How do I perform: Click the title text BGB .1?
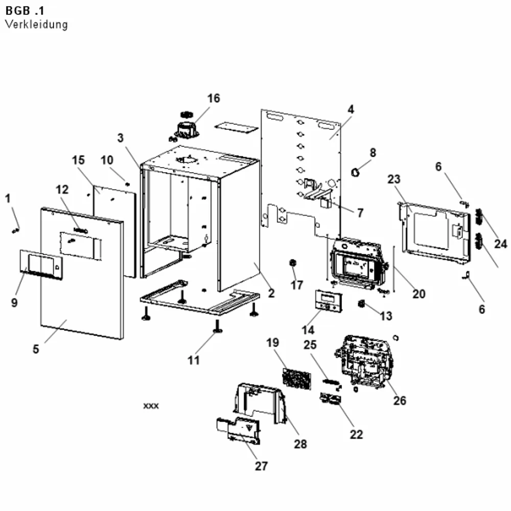click(25, 11)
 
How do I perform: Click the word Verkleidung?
click(36, 25)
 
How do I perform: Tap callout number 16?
click(214, 98)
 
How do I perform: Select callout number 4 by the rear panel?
click(351, 109)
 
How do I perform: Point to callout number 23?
click(393, 179)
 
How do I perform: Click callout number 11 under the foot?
click(193, 360)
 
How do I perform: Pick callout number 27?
click(261, 466)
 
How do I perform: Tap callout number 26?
click(400, 401)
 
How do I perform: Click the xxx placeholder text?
click(151, 406)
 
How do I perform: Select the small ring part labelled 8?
click(355, 172)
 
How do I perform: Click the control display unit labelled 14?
click(329, 300)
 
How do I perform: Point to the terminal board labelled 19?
click(296, 379)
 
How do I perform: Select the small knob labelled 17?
click(293, 262)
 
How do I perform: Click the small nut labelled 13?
click(361, 304)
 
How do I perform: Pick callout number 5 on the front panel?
click(36, 349)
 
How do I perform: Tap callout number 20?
click(419, 294)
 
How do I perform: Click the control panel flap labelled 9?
click(41, 264)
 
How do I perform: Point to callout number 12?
click(62, 190)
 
